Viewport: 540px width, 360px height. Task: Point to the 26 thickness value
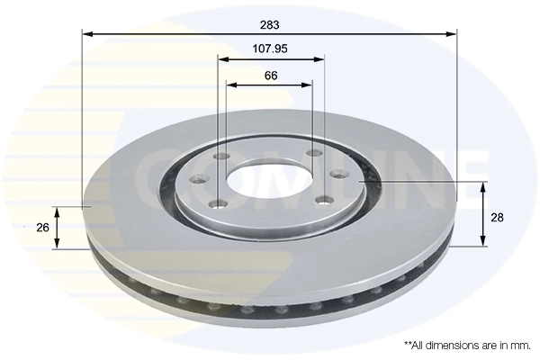tap(42, 228)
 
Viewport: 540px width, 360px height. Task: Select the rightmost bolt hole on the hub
tap(338, 175)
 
